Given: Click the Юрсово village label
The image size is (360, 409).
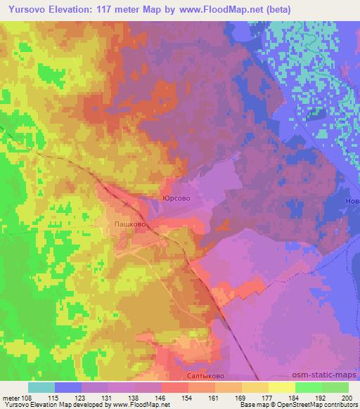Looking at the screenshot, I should (x=176, y=199).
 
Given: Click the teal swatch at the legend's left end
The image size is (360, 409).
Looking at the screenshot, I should (x=41, y=387).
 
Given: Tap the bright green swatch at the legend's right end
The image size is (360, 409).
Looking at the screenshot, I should (x=335, y=387).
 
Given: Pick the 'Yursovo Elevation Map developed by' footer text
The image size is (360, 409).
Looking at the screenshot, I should (x=51, y=405).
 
